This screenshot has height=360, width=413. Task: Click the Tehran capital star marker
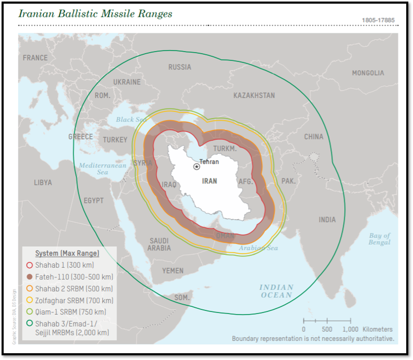pyautogui.click(x=197, y=166)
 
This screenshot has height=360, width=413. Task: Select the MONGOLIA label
pyautogui.click(x=368, y=73)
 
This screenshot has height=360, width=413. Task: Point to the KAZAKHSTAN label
pyautogui.click(x=254, y=95)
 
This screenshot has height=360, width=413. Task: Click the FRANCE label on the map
pyautogui.click(x=35, y=58)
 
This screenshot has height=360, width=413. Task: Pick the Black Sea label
pyautogui.click(x=131, y=119)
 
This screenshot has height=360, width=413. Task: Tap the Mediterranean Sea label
pyautogui.click(x=103, y=169)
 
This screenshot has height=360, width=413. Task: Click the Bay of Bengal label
pyautogui.click(x=379, y=239)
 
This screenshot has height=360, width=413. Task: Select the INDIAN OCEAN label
pyautogui.click(x=276, y=291)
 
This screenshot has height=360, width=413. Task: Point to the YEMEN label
pyautogui.click(x=173, y=271)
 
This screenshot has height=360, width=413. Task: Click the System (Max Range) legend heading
pyautogui.click(x=67, y=253)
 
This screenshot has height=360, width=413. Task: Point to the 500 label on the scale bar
pyautogui.click(x=327, y=329)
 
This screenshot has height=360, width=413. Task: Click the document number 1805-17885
pyautogui.click(x=378, y=20)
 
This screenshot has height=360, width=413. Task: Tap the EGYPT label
pyautogui.click(x=93, y=200)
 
